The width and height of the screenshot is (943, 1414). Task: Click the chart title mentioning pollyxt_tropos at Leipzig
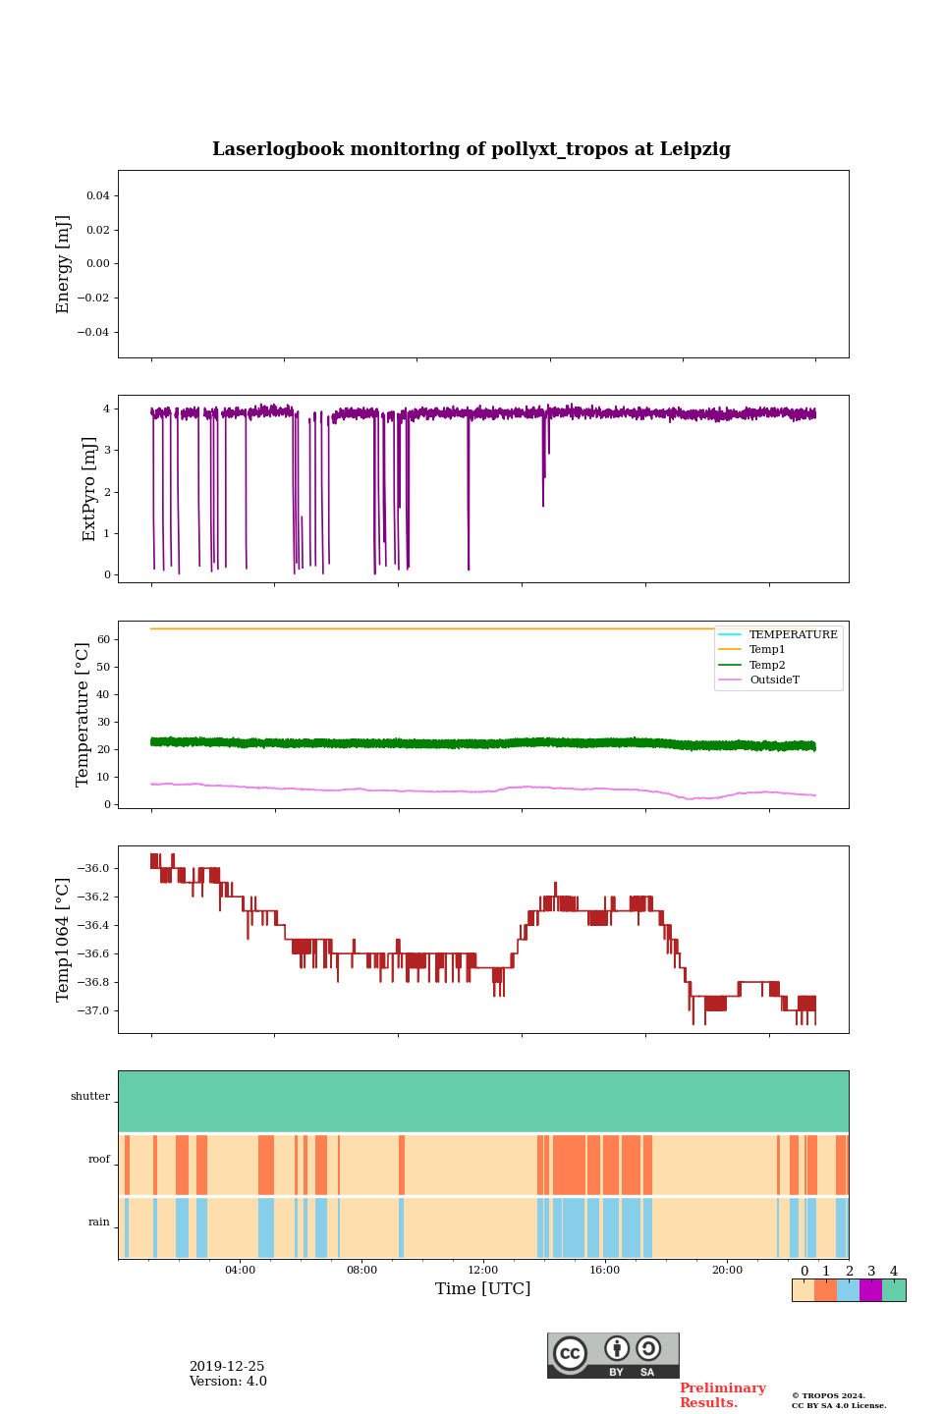(x=471, y=149)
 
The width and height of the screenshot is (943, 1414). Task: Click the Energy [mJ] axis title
(x=64, y=264)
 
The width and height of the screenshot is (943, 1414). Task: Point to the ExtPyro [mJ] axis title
(x=89, y=489)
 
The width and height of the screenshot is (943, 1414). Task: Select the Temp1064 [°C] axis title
(x=64, y=940)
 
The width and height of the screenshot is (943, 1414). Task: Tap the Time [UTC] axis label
(x=482, y=1288)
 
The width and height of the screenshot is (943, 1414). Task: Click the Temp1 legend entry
(x=767, y=650)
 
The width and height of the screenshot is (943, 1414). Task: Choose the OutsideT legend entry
(x=774, y=680)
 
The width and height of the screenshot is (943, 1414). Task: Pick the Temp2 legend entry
(x=767, y=665)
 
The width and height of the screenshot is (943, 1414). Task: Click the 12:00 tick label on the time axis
(x=483, y=1270)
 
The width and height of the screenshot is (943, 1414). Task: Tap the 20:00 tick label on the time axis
(x=727, y=1270)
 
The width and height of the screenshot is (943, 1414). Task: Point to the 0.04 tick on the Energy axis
(x=97, y=196)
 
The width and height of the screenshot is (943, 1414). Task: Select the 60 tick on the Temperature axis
(x=103, y=639)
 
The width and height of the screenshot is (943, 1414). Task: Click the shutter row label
(x=89, y=1097)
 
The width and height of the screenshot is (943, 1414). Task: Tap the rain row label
(x=99, y=1223)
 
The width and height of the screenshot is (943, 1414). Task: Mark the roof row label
(x=99, y=1160)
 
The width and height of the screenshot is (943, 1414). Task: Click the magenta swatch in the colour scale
(x=870, y=1290)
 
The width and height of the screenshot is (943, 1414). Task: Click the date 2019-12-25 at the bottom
(x=227, y=1367)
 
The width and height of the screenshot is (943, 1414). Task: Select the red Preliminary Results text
(x=722, y=1395)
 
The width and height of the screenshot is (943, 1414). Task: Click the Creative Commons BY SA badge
(x=613, y=1355)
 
